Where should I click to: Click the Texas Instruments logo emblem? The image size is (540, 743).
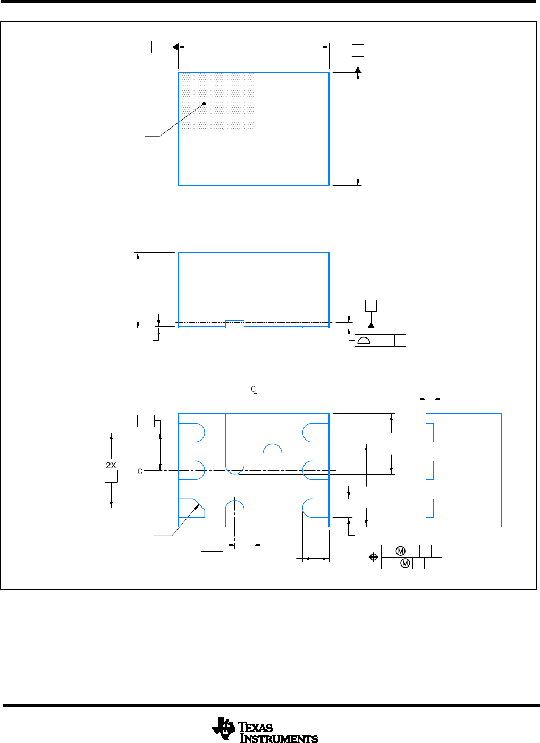(x=223, y=728)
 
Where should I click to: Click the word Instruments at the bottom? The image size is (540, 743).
(x=279, y=738)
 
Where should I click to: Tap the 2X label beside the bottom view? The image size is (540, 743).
(x=111, y=466)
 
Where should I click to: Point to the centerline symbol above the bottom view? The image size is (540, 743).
(x=254, y=390)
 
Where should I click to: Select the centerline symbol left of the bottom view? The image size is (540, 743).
(x=140, y=472)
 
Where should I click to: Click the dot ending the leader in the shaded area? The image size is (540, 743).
(x=204, y=104)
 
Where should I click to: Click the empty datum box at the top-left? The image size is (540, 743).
(x=157, y=47)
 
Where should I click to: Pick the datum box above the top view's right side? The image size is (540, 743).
(x=358, y=50)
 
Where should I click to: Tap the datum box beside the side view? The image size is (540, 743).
(x=371, y=306)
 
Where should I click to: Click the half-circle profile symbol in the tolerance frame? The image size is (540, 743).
(x=364, y=341)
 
